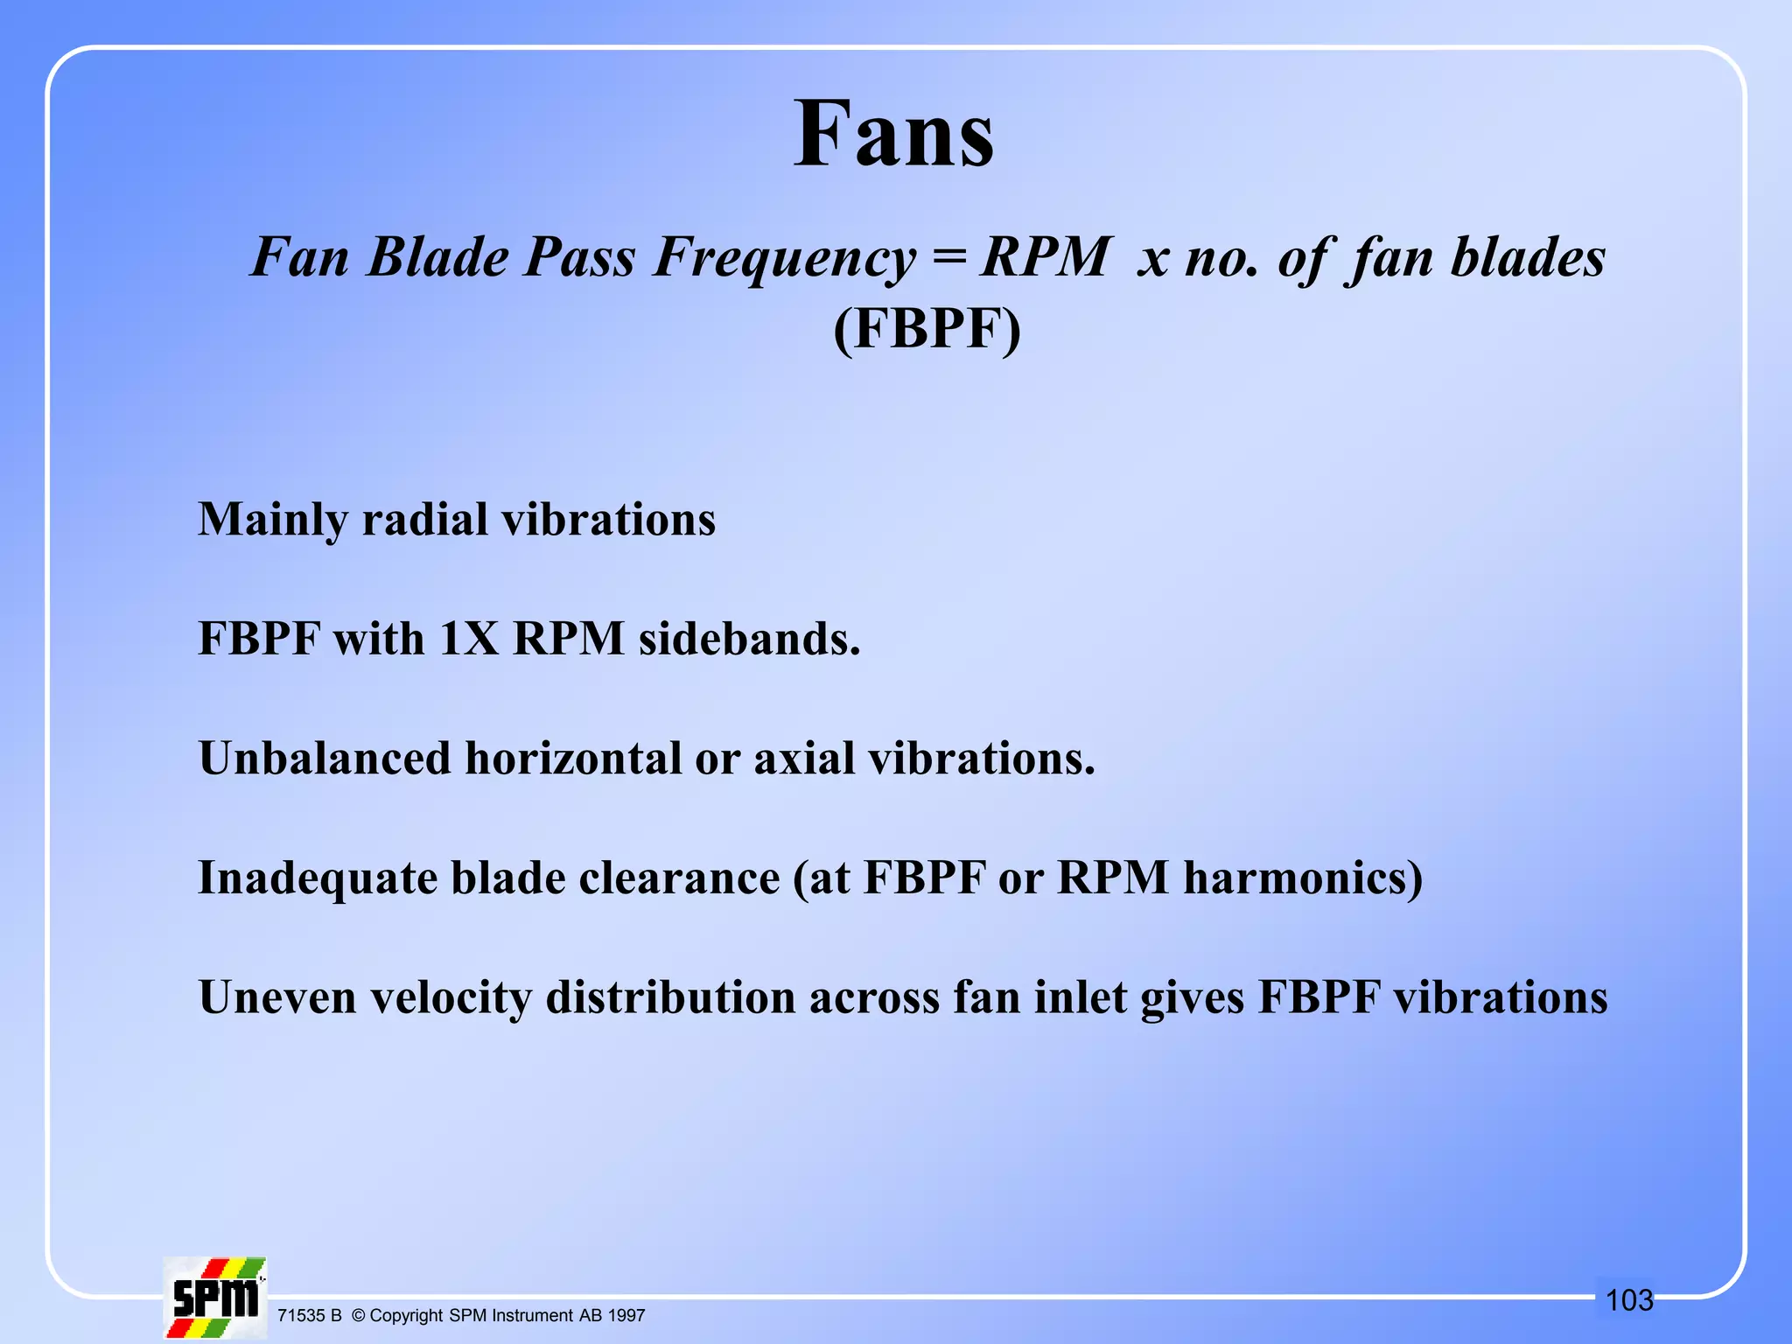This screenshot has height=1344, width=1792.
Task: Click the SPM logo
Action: pyautogui.click(x=214, y=1298)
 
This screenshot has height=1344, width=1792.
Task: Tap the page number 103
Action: pyautogui.click(x=1629, y=1300)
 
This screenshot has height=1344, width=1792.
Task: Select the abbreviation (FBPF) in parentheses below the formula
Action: pyautogui.click(x=927, y=330)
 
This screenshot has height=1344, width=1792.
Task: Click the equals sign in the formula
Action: pyautogui.click(x=949, y=257)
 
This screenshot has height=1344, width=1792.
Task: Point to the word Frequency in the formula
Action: pyautogui.click(x=785, y=259)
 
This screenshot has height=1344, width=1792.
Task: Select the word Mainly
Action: pyautogui.click(x=273, y=520)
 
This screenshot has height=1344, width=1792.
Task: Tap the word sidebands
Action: pyautogui.click(x=749, y=639)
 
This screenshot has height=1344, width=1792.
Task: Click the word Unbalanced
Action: pyautogui.click(x=325, y=758)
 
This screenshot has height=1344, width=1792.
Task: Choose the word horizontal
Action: pyautogui.click(x=573, y=758)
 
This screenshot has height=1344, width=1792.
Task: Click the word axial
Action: pyautogui.click(x=804, y=758)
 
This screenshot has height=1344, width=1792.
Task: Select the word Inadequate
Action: pyautogui.click(x=318, y=878)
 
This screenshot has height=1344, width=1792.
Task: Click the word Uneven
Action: pyautogui.click(x=277, y=997)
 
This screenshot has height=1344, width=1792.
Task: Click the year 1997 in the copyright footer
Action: pyautogui.click(x=626, y=1315)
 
